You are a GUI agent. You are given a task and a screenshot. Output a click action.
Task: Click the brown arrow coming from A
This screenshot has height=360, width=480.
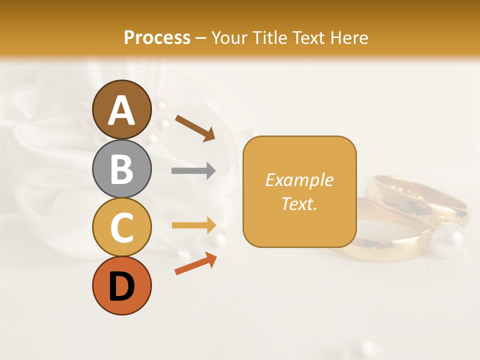point(195,127)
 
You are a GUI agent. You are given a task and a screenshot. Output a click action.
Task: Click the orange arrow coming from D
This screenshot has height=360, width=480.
point(195,263)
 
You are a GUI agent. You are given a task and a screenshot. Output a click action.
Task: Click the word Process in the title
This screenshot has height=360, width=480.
point(157,37)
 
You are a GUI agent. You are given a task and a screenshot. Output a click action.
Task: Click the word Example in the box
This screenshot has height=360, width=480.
point(299,180)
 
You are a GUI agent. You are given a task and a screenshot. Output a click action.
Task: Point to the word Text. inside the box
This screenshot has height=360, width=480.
point(299,203)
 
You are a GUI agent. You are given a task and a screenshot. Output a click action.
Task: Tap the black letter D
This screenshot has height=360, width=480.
point(121,287)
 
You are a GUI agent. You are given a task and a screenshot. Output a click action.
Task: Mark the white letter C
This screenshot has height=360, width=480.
point(121,228)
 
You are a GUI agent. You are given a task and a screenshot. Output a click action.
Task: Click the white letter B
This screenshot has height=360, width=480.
point(121,169)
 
